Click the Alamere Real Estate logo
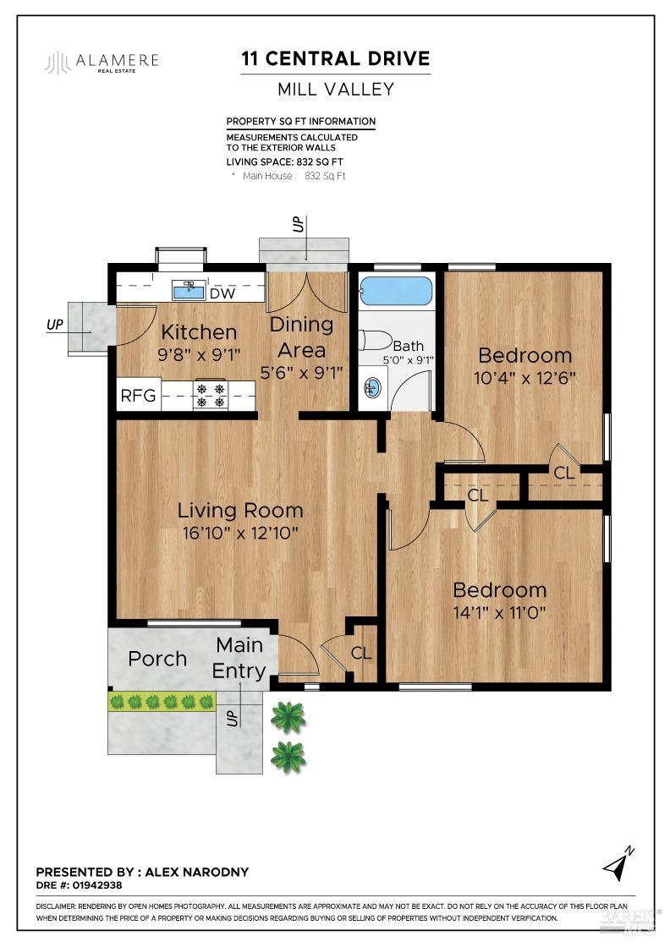click(102, 63)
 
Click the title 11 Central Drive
click(336, 58)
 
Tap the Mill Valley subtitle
click(336, 89)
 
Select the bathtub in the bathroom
click(396, 292)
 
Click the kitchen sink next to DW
click(189, 291)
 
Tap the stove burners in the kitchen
click(210, 395)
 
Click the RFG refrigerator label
click(138, 396)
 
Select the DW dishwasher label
click(222, 294)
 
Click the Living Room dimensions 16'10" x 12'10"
click(239, 532)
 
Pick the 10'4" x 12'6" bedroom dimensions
click(524, 377)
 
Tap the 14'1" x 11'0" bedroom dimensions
click(499, 611)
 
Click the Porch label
click(157, 658)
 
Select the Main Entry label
click(239, 658)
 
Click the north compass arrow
click(618, 863)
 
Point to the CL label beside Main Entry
click(361, 653)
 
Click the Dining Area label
click(301, 335)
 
